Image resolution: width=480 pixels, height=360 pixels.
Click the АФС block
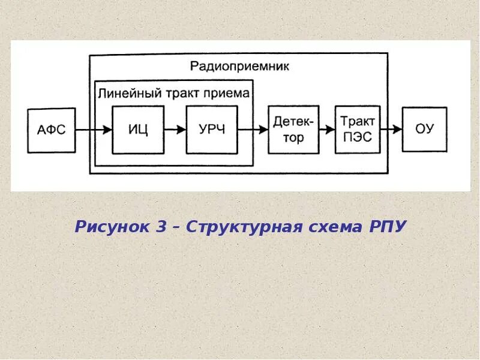click(x=51, y=130)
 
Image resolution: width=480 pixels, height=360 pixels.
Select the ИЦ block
click(x=137, y=130)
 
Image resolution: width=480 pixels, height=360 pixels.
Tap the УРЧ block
click(x=211, y=130)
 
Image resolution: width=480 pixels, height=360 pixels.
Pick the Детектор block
click(x=293, y=130)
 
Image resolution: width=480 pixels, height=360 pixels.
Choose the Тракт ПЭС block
click(x=358, y=130)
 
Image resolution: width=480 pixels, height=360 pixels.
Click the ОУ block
click(x=424, y=130)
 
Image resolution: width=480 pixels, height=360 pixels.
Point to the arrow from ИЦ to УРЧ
click(x=175, y=129)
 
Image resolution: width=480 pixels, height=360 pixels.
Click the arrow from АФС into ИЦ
click(x=93, y=129)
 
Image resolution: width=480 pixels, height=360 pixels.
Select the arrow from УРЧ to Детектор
click(x=253, y=129)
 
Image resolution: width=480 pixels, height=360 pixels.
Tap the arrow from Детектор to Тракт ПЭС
click(x=326, y=129)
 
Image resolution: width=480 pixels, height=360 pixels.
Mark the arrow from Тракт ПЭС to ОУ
click(x=391, y=129)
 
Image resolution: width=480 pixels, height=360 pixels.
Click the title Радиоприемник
click(x=239, y=67)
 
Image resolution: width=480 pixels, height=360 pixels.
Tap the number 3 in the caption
click(x=161, y=227)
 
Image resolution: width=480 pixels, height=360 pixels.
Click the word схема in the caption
click(x=328, y=227)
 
